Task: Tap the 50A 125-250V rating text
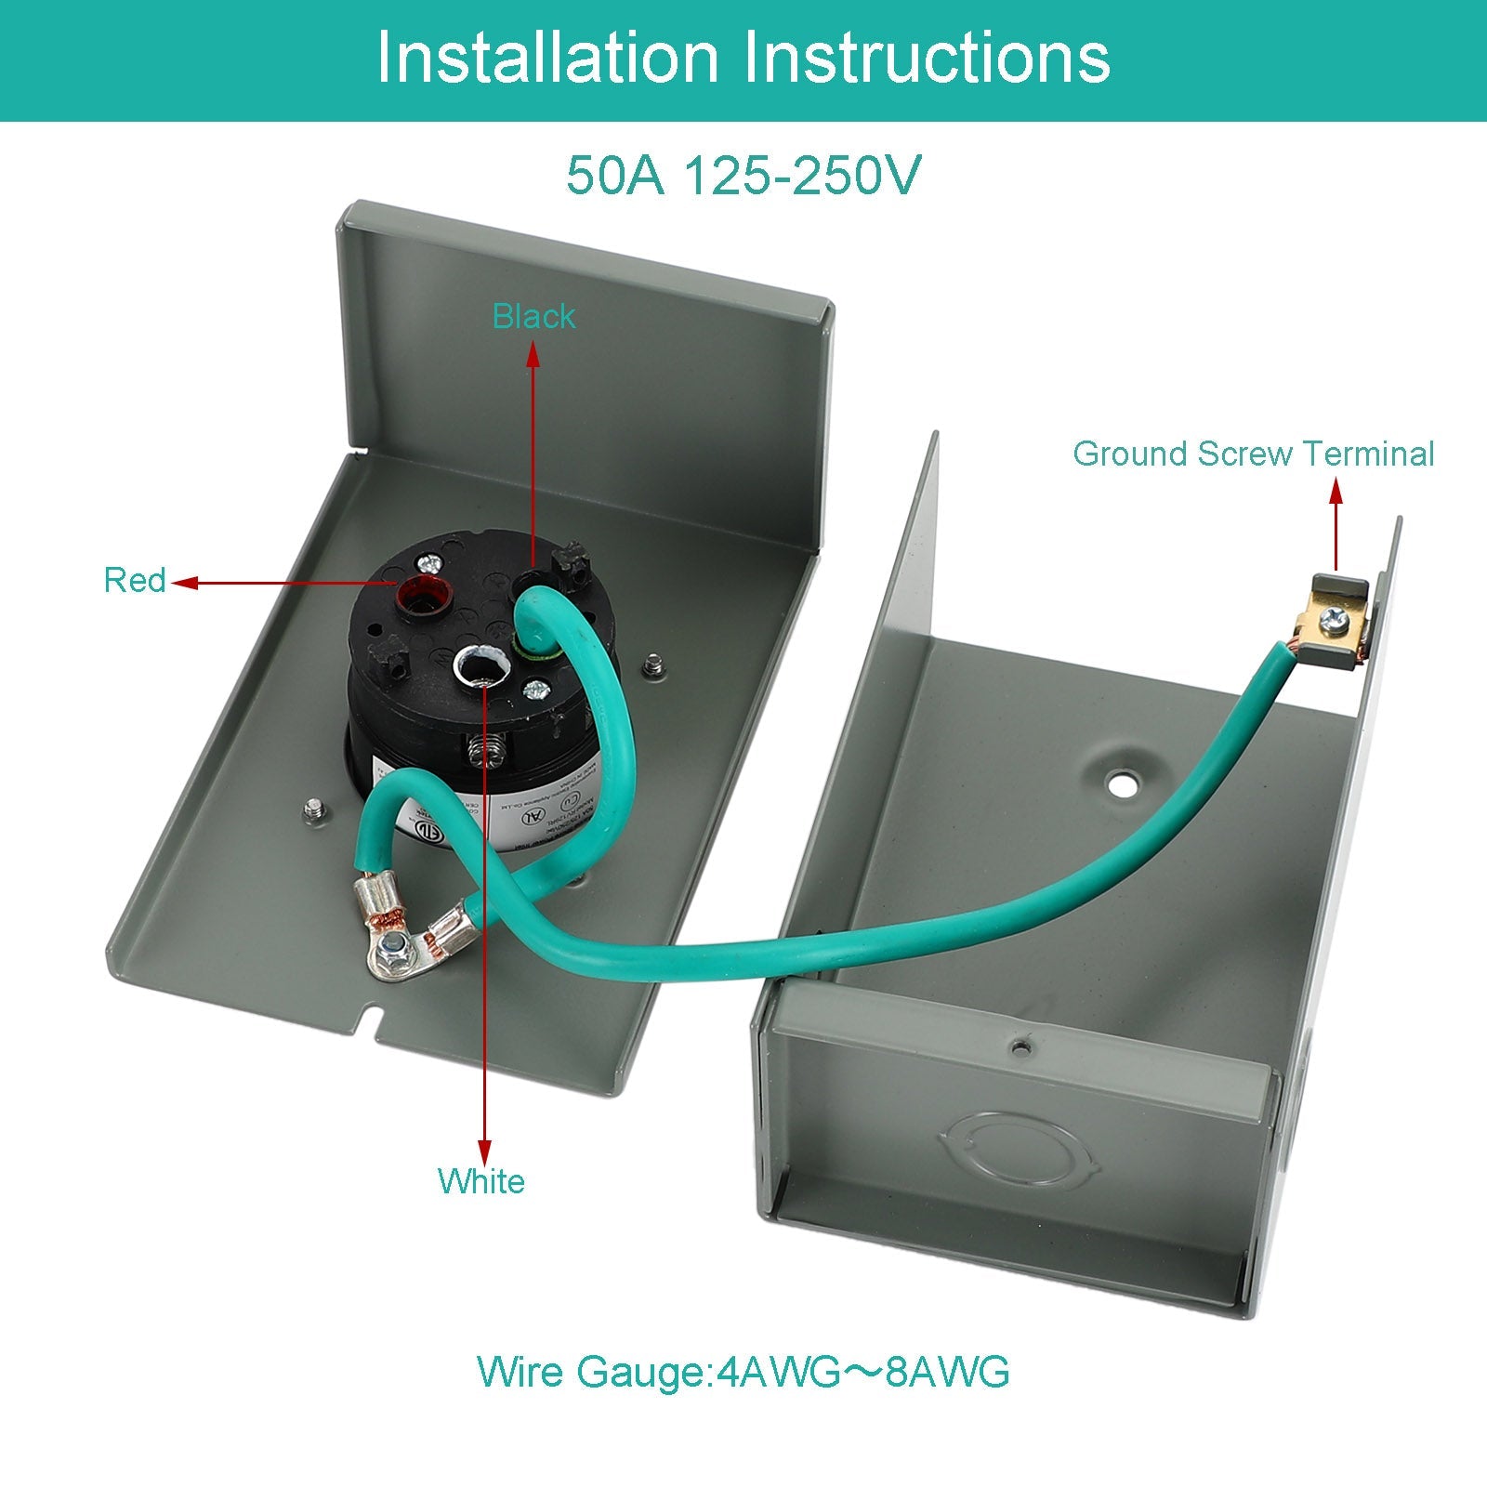tap(743, 175)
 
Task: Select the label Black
tap(533, 317)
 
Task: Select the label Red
tap(134, 581)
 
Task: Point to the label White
tap(481, 1181)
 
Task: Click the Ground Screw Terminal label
tap(1253, 454)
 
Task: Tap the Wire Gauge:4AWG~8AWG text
tap(743, 1372)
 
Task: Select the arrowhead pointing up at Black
tap(533, 353)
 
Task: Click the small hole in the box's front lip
tap(1021, 1046)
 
